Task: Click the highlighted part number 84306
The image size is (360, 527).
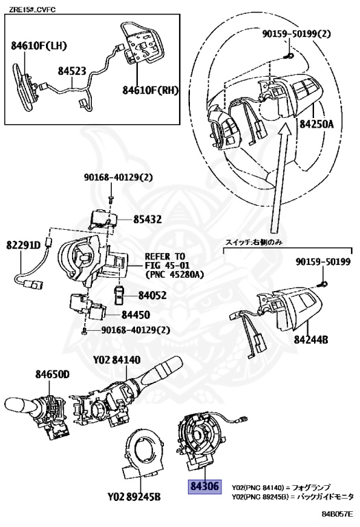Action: pos(204,487)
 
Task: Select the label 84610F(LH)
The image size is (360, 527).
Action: pos(39,46)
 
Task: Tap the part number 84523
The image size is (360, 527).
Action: pos(72,71)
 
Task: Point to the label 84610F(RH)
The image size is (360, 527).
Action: pos(150,90)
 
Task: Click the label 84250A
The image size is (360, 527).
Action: pos(317,124)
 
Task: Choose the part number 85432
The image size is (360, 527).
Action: pos(147,220)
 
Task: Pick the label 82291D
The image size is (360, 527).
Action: pos(23,245)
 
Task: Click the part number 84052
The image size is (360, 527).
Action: pos(152,296)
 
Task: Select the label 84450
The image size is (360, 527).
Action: pos(136,315)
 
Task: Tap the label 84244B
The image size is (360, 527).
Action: pos(311,340)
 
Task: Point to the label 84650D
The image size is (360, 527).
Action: pos(52,374)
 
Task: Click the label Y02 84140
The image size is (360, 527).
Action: pos(117,360)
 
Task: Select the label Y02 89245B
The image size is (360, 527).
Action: pos(134,496)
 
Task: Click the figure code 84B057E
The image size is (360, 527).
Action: pos(337,514)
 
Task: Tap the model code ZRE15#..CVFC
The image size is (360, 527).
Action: pos(32,10)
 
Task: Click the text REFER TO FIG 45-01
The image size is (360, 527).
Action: pos(165,261)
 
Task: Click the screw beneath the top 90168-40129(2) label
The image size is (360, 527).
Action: pos(110,200)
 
